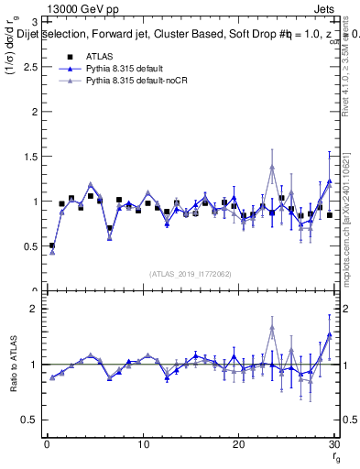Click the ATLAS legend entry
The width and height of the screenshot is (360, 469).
98,56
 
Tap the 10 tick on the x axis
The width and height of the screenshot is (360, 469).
142,444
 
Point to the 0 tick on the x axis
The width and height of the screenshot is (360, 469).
47,444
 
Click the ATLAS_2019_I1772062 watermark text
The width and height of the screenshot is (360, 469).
190,273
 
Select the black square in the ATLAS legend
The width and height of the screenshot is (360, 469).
69,56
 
